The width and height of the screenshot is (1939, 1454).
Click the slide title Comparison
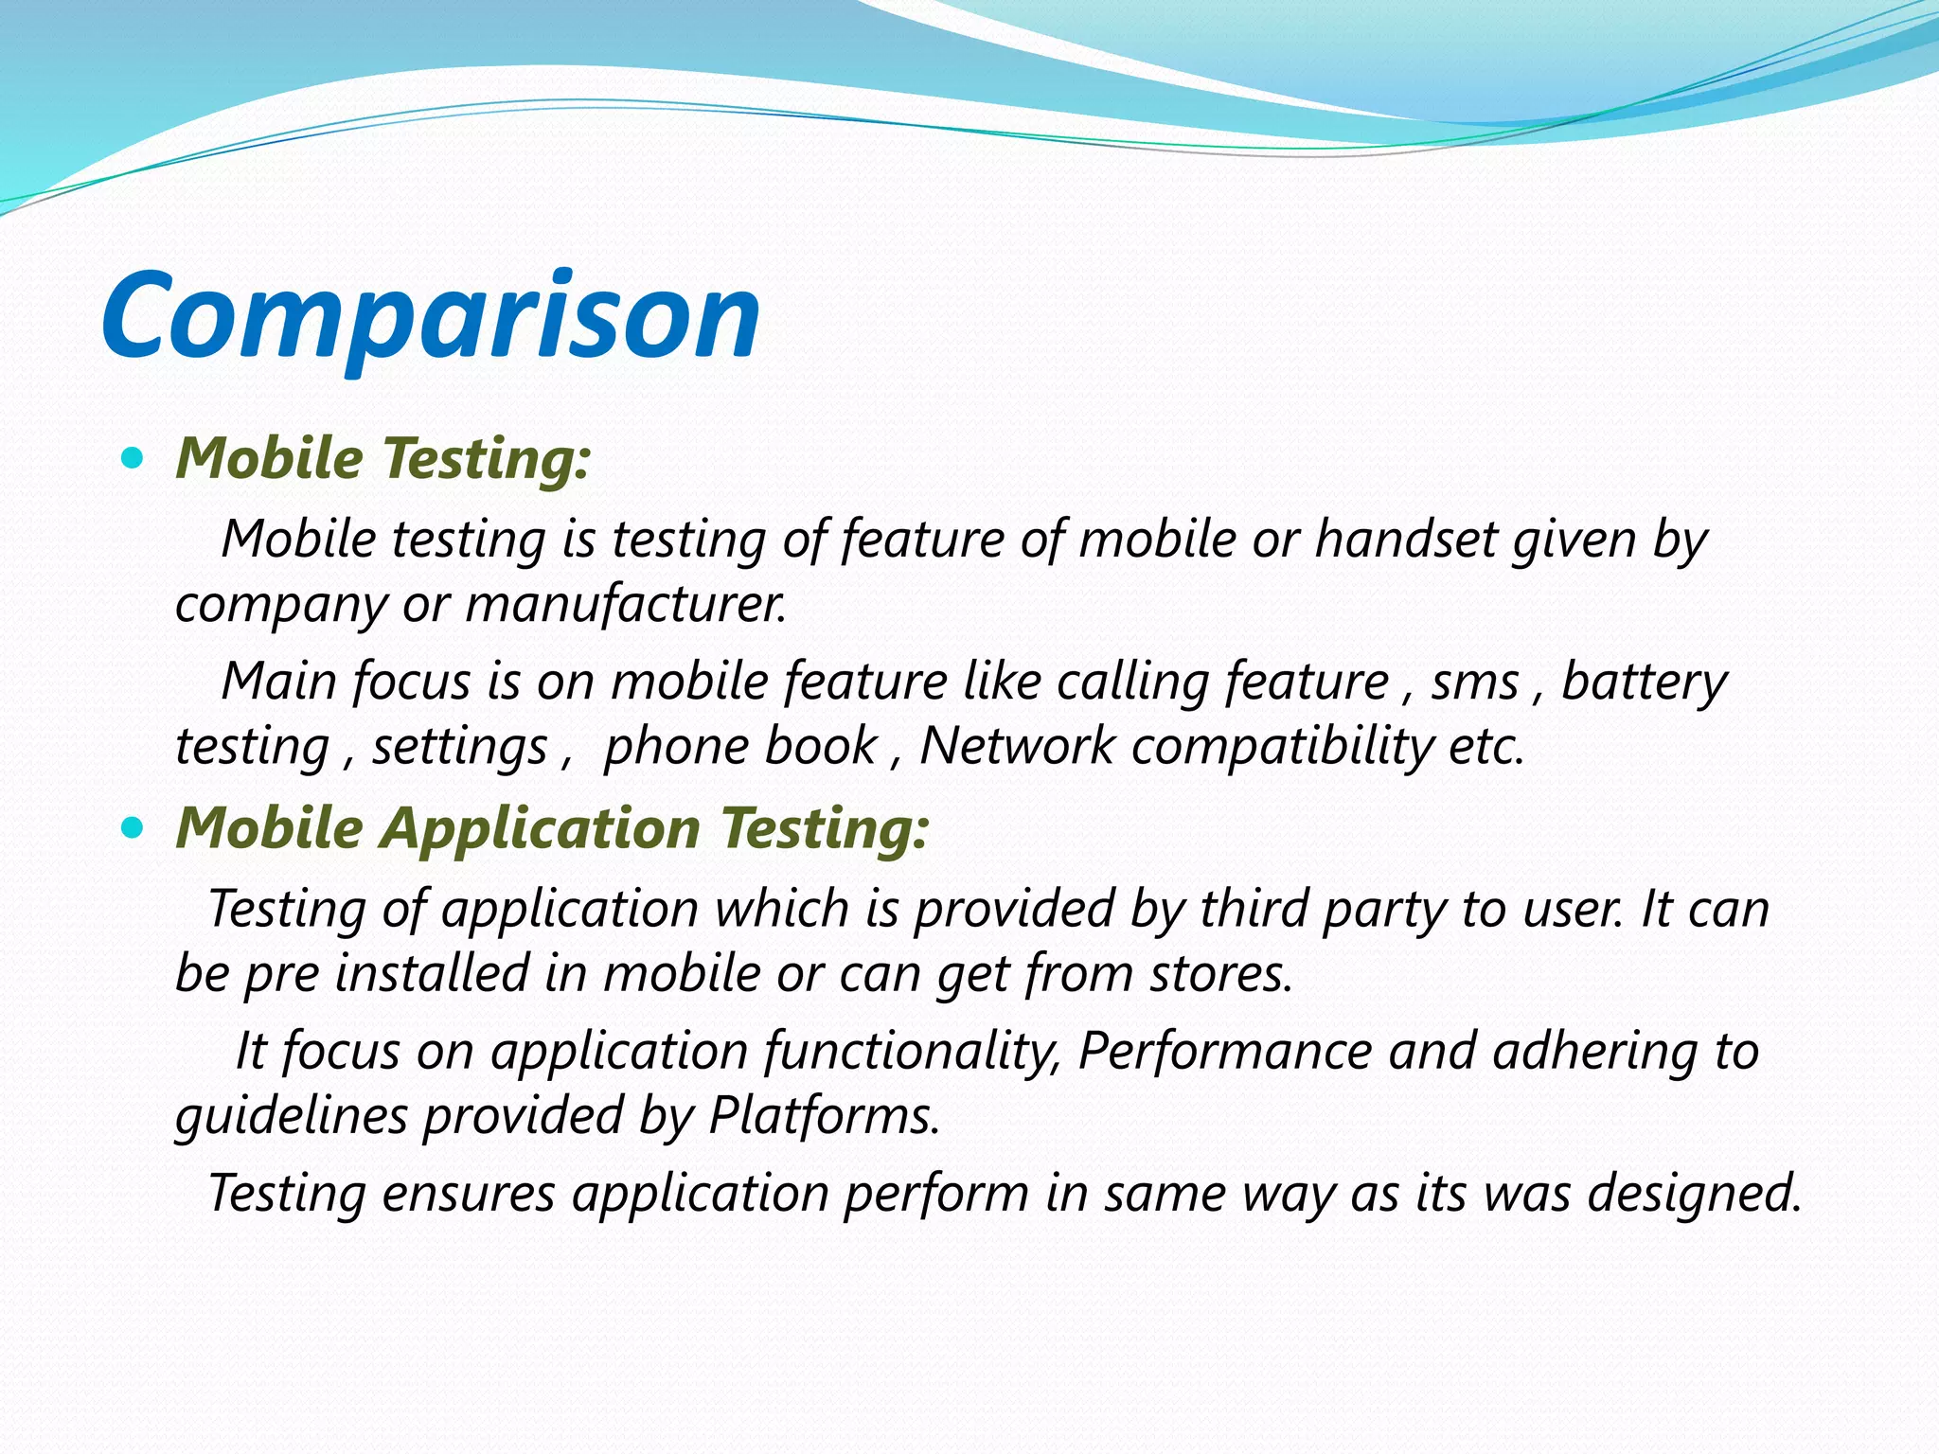click(431, 317)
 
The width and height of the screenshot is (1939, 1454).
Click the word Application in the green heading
click(541, 829)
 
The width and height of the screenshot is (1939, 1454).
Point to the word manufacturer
click(625, 605)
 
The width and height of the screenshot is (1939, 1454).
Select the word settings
click(459, 748)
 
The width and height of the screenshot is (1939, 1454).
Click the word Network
click(1017, 746)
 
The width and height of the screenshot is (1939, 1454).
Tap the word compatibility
click(1282, 748)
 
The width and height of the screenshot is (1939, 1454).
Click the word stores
click(1221, 974)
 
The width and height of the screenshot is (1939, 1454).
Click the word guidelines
click(292, 1116)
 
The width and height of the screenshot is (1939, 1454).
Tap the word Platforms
click(824, 1116)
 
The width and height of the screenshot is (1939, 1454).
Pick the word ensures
click(469, 1193)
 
